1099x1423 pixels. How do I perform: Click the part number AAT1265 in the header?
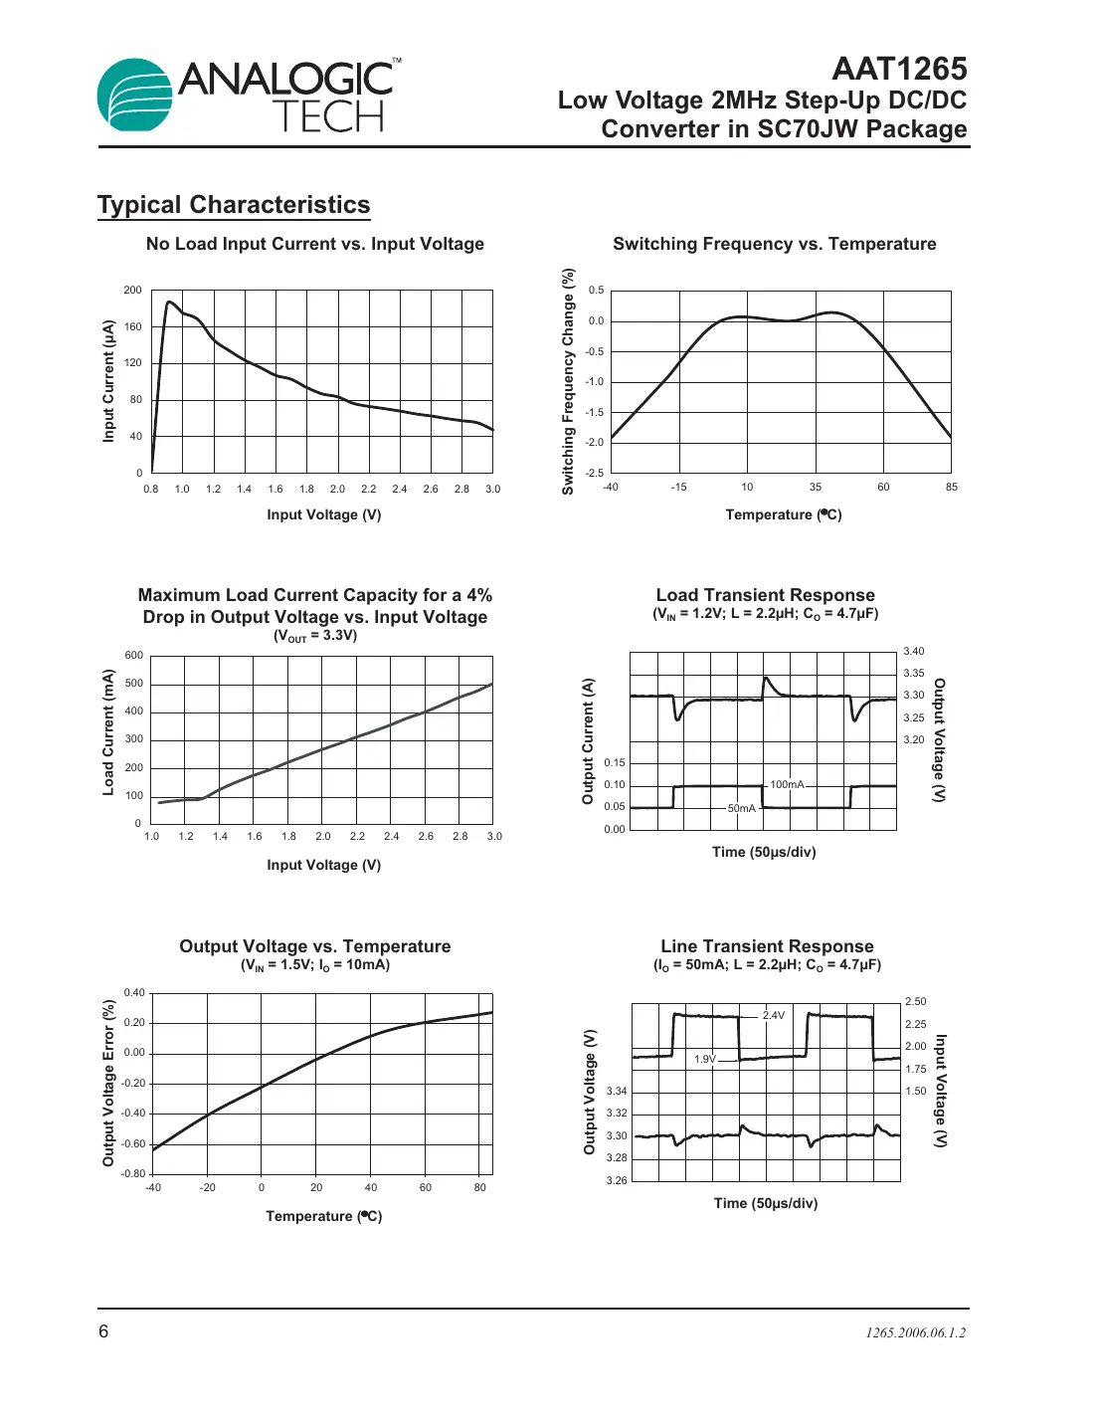899,69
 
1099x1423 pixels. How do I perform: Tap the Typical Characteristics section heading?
234,205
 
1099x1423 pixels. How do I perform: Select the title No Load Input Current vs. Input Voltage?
314,244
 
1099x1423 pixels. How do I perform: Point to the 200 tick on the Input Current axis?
132,291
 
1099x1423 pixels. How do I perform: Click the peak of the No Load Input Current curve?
169,302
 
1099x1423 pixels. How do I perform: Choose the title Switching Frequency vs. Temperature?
774,244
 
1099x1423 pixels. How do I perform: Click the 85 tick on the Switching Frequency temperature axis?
952,488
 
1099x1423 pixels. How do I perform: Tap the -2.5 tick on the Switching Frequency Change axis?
594,473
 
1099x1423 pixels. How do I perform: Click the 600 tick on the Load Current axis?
133,656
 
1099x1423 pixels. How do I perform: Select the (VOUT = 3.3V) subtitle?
314,636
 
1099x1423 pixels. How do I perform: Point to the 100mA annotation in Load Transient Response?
787,785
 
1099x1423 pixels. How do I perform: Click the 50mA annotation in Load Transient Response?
741,809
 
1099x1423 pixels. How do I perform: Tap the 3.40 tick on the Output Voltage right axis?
914,652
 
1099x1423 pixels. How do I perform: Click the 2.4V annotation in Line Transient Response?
773,1016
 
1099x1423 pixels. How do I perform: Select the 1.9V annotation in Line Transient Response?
704,1059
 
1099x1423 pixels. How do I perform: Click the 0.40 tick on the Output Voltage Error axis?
134,993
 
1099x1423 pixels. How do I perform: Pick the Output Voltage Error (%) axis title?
108,1083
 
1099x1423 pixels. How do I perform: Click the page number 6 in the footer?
103,1331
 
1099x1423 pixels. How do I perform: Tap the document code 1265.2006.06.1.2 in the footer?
915,1333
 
